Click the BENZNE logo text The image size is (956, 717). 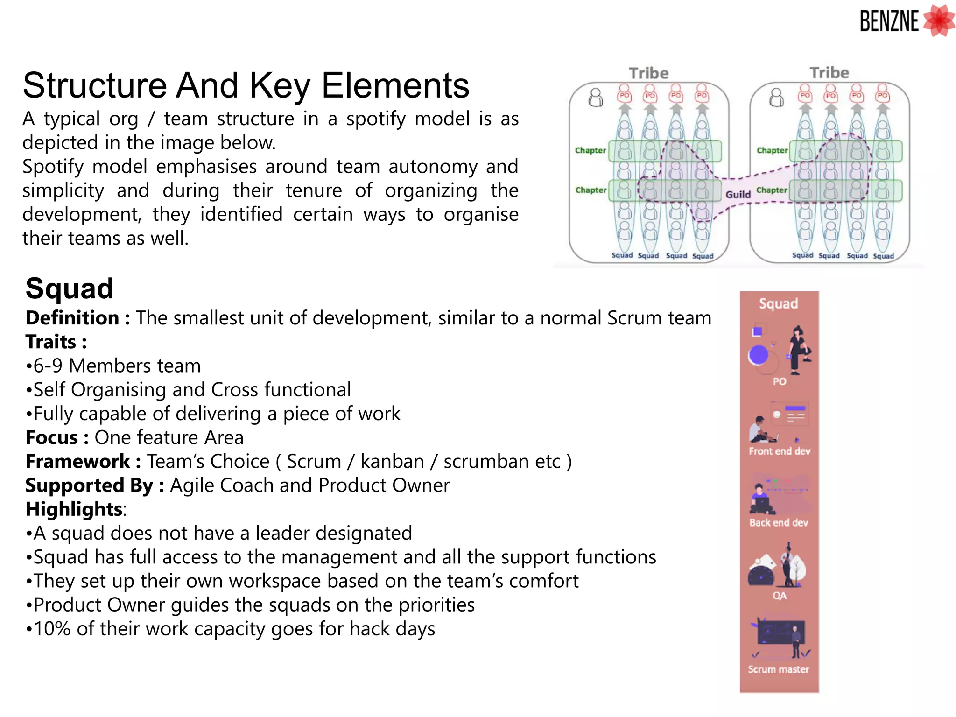pos(889,21)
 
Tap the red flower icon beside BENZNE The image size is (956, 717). pos(939,21)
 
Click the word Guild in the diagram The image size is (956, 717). pos(738,194)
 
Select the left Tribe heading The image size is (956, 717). pos(648,73)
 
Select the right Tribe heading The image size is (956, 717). pos(829,73)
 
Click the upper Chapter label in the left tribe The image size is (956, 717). pos(590,150)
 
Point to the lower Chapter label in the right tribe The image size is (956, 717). pos(772,190)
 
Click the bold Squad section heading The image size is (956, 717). pos(70,288)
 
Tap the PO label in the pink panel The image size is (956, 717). pos(779,381)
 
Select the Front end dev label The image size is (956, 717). pos(779,451)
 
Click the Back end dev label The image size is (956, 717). pos(779,522)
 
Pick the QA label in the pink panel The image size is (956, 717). pos(779,596)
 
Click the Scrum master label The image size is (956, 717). pos(778,669)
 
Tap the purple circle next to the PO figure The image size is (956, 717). pos(759,355)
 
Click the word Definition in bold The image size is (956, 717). pos(72,318)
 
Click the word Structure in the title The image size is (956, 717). pos(95,85)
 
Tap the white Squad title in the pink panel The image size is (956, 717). pos(778,303)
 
